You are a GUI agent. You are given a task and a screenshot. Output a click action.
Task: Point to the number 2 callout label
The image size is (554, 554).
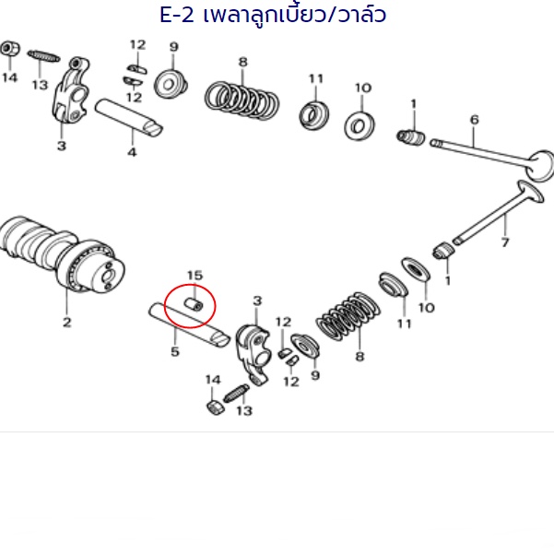66,322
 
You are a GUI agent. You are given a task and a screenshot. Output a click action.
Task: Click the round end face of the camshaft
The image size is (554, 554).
107,275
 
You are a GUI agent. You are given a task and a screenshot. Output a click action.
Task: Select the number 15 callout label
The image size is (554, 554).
194,276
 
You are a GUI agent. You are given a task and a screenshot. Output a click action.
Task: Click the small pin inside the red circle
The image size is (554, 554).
194,304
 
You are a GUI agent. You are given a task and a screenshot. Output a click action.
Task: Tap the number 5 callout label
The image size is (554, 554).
175,351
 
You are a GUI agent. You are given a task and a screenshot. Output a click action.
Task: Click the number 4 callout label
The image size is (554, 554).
132,152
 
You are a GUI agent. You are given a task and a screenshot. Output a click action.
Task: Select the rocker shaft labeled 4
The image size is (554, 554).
129,117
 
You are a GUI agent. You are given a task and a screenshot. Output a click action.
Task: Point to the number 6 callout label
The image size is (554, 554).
475,120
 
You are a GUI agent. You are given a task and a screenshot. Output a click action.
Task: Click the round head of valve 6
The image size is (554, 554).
541,166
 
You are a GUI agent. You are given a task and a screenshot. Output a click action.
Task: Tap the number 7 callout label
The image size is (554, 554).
505,242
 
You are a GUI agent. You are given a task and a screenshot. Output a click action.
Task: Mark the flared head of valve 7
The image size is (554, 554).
530,192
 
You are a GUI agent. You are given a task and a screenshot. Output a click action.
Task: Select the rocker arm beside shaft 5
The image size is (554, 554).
253,353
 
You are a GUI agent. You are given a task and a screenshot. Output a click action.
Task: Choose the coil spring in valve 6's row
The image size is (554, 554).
242,100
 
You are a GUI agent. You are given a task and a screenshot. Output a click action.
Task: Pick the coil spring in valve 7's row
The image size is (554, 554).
348,315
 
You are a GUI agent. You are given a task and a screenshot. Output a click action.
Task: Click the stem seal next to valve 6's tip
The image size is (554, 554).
411,137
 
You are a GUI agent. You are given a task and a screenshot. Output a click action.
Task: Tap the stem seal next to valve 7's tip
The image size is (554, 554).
443,251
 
